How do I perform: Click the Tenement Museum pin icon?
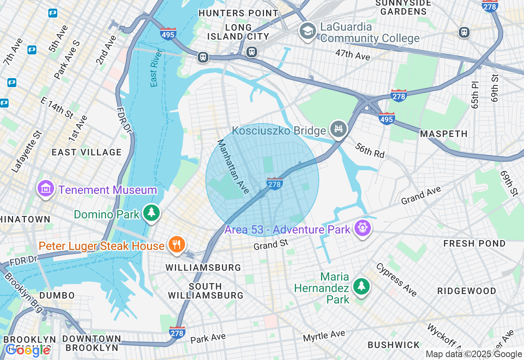coord(46,189)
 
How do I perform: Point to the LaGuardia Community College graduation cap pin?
coord(307,32)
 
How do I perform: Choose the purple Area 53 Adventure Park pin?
coord(363,228)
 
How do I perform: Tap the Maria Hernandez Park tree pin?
coord(361,287)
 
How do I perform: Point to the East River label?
coord(154,68)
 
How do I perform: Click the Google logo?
coord(27,350)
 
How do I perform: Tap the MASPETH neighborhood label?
coord(444,134)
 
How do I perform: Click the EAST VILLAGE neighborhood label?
coord(87,152)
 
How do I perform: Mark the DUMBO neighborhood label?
coord(57,295)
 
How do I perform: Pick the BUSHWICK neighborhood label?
coord(393,345)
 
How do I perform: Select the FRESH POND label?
coord(474,243)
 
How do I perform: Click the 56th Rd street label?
coord(370,150)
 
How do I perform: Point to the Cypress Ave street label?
coord(396,280)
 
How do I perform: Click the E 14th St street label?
coord(57,107)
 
